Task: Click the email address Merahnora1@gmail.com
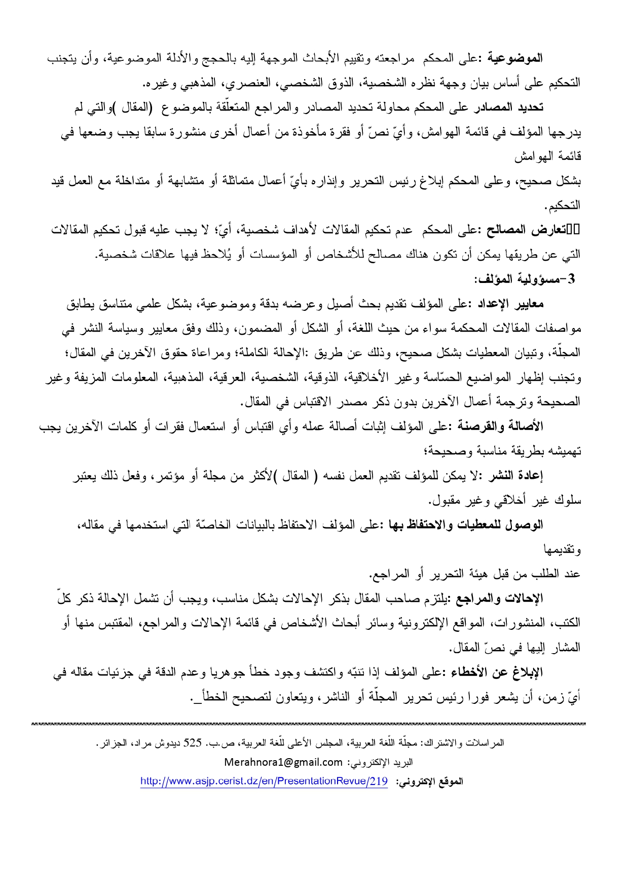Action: tap(283, 762)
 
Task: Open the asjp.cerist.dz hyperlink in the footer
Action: tap(264, 781)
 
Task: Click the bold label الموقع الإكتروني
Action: tap(431, 781)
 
